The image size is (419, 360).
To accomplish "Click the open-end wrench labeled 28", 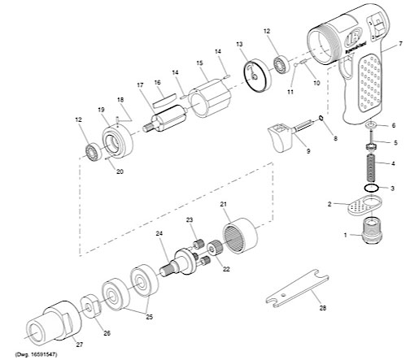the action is [298, 288].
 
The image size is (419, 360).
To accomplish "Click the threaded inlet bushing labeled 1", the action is [372, 231].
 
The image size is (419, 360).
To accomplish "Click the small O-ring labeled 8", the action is [321, 118].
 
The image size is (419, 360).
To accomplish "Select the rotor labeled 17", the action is [165, 119].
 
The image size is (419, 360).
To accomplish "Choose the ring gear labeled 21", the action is [240, 236].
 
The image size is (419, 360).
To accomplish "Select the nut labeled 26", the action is [91, 306].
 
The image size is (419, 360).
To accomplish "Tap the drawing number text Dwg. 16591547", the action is [36, 354].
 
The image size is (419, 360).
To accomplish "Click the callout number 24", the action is [159, 233].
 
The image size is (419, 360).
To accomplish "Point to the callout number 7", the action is [400, 43].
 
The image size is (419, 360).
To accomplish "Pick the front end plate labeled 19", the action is [117, 141].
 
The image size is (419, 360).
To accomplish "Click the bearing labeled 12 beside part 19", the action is [93, 151].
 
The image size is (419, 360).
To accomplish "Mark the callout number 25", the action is [150, 317].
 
